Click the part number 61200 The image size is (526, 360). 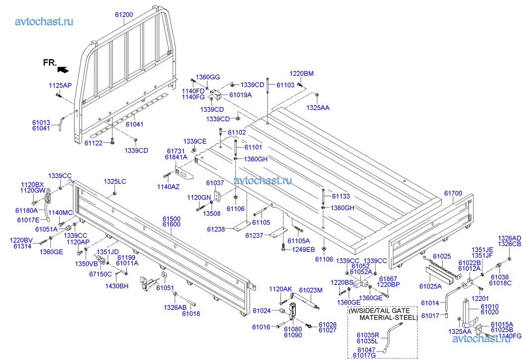click(x=124, y=15)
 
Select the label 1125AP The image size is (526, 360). click(x=60, y=85)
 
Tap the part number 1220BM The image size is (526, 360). click(x=301, y=74)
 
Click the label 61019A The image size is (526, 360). click(x=240, y=95)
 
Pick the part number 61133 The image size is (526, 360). click(x=341, y=196)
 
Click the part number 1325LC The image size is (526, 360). click(x=115, y=182)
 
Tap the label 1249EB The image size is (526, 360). click(x=303, y=249)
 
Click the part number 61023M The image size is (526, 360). click(x=311, y=290)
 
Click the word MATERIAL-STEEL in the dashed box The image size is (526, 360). click(x=388, y=317)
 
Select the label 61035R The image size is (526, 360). click(x=367, y=335)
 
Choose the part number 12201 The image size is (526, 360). click(x=479, y=299)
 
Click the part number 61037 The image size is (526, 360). click(x=215, y=183)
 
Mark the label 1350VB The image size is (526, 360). click(x=87, y=263)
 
